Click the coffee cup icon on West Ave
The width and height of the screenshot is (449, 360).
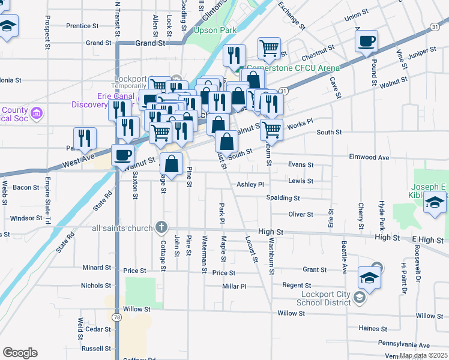click(x=122, y=155)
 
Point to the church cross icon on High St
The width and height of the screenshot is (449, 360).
click(x=160, y=227)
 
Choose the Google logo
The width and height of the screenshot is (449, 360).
click(x=20, y=353)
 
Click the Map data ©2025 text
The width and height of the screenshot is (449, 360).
click(x=423, y=355)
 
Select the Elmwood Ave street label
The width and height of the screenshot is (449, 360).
click(x=369, y=158)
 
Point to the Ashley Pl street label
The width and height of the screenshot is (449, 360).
click(x=250, y=185)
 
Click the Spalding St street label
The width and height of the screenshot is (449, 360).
click(x=285, y=198)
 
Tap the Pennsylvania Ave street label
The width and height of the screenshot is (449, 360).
click(x=404, y=345)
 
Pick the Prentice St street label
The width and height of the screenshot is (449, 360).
click(x=82, y=26)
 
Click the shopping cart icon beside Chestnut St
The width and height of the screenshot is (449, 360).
click(x=270, y=48)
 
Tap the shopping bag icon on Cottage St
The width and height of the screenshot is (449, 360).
click(x=172, y=163)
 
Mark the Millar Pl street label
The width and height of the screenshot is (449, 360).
click(x=234, y=287)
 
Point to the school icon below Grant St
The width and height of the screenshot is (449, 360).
click(x=369, y=278)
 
